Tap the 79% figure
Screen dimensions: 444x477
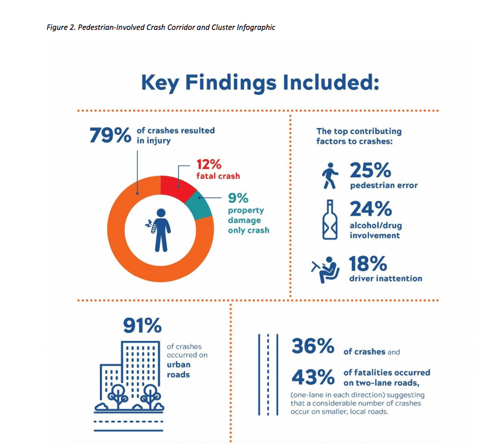pyautogui.click(x=110, y=135)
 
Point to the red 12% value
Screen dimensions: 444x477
pyautogui.click(x=209, y=164)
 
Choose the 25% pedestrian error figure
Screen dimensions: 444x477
pyautogui.click(x=371, y=169)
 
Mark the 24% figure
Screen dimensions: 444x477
pyautogui.click(x=371, y=209)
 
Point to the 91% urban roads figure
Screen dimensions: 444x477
pyautogui.click(x=142, y=326)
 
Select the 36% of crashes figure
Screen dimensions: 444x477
pyautogui.click(x=313, y=346)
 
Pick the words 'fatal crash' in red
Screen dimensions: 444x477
pyautogui.click(x=218, y=176)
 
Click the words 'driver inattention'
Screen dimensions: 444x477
pyautogui.click(x=385, y=278)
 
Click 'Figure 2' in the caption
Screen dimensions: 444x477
pyautogui.click(x=63, y=27)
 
